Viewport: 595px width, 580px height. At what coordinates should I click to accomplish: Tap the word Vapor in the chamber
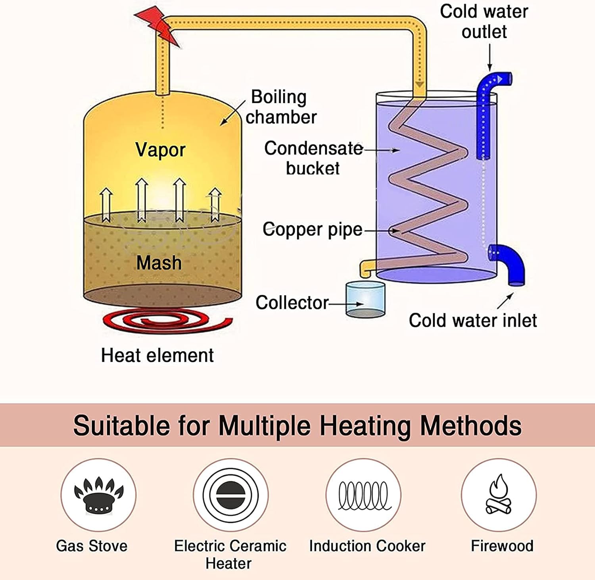click(x=160, y=150)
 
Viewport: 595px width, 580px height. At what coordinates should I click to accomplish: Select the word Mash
click(x=159, y=263)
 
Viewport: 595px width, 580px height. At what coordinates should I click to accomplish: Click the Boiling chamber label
click(x=281, y=107)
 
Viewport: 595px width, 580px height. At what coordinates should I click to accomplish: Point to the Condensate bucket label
click(x=313, y=158)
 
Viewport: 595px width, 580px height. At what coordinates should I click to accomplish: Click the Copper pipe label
click(x=313, y=230)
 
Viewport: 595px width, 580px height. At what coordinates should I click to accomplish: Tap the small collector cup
click(x=365, y=300)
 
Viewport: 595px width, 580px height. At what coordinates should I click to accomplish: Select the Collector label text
click(x=292, y=303)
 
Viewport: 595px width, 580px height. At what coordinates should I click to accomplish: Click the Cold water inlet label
click(x=473, y=321)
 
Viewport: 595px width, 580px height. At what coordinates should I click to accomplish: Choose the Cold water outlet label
click(x=484, y=21)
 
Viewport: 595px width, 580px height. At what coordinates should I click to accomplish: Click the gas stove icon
click(x=98, y=495)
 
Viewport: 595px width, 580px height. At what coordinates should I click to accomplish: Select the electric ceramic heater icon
click(x=230, y=495)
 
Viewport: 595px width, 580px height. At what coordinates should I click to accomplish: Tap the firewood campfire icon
click(x=499, y=495)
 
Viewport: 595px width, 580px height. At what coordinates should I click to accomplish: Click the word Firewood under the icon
click(x=502, y=546)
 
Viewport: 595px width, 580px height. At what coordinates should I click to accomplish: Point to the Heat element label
click(x=157, y=355)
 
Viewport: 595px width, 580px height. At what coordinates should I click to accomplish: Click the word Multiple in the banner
click(x=265, y=426)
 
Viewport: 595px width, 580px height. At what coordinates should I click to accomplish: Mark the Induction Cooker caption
click(x=367, y=546)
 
